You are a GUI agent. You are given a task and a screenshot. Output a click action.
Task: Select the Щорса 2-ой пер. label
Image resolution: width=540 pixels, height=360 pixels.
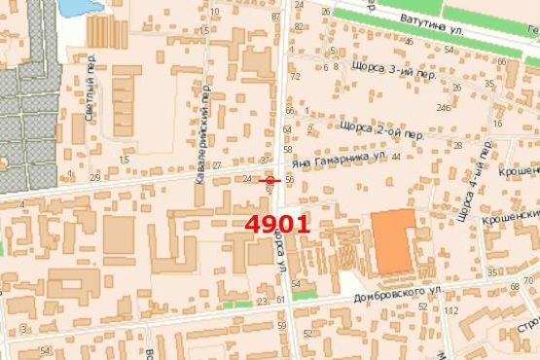coord(383,126)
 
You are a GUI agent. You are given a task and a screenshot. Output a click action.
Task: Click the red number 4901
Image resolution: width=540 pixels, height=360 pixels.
coord(277,223)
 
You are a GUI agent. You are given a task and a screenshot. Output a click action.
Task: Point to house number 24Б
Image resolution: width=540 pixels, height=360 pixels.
coord(444,108)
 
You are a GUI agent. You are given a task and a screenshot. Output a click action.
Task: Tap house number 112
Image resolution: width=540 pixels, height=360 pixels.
coord(450,310)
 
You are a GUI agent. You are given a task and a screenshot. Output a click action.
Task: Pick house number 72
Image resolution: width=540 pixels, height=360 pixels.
coord(294,76)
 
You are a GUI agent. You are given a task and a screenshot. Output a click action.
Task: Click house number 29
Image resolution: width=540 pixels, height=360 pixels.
coord(94,177)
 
